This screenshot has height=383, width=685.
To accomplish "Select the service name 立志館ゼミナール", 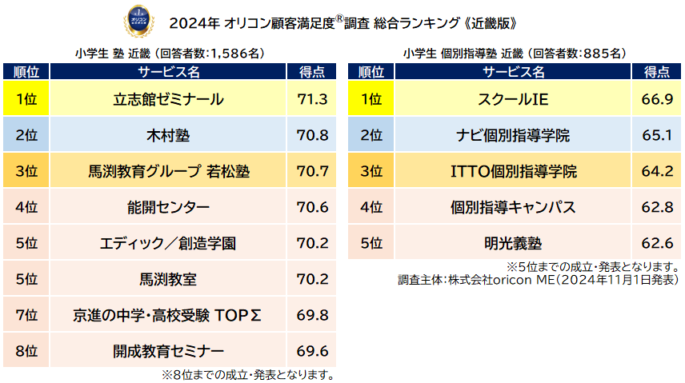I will (168, 100).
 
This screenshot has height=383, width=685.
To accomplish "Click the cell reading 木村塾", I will (168, 135).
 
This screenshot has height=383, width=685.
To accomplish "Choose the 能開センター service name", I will (168, 207).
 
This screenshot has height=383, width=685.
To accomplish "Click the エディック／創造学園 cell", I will (168, 243).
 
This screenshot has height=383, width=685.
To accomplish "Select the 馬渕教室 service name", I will (168, 279).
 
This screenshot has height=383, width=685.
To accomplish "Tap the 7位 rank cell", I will (26, 315).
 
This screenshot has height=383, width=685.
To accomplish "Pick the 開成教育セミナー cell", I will (168, 351).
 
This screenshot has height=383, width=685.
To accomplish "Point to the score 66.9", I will (656, 100).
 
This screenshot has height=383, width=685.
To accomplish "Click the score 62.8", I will (656, 207).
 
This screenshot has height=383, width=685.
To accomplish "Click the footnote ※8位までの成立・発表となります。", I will (247, 374).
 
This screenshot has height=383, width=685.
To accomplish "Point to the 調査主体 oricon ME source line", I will (538, 281).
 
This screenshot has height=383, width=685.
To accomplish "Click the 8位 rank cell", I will (26, 351).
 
